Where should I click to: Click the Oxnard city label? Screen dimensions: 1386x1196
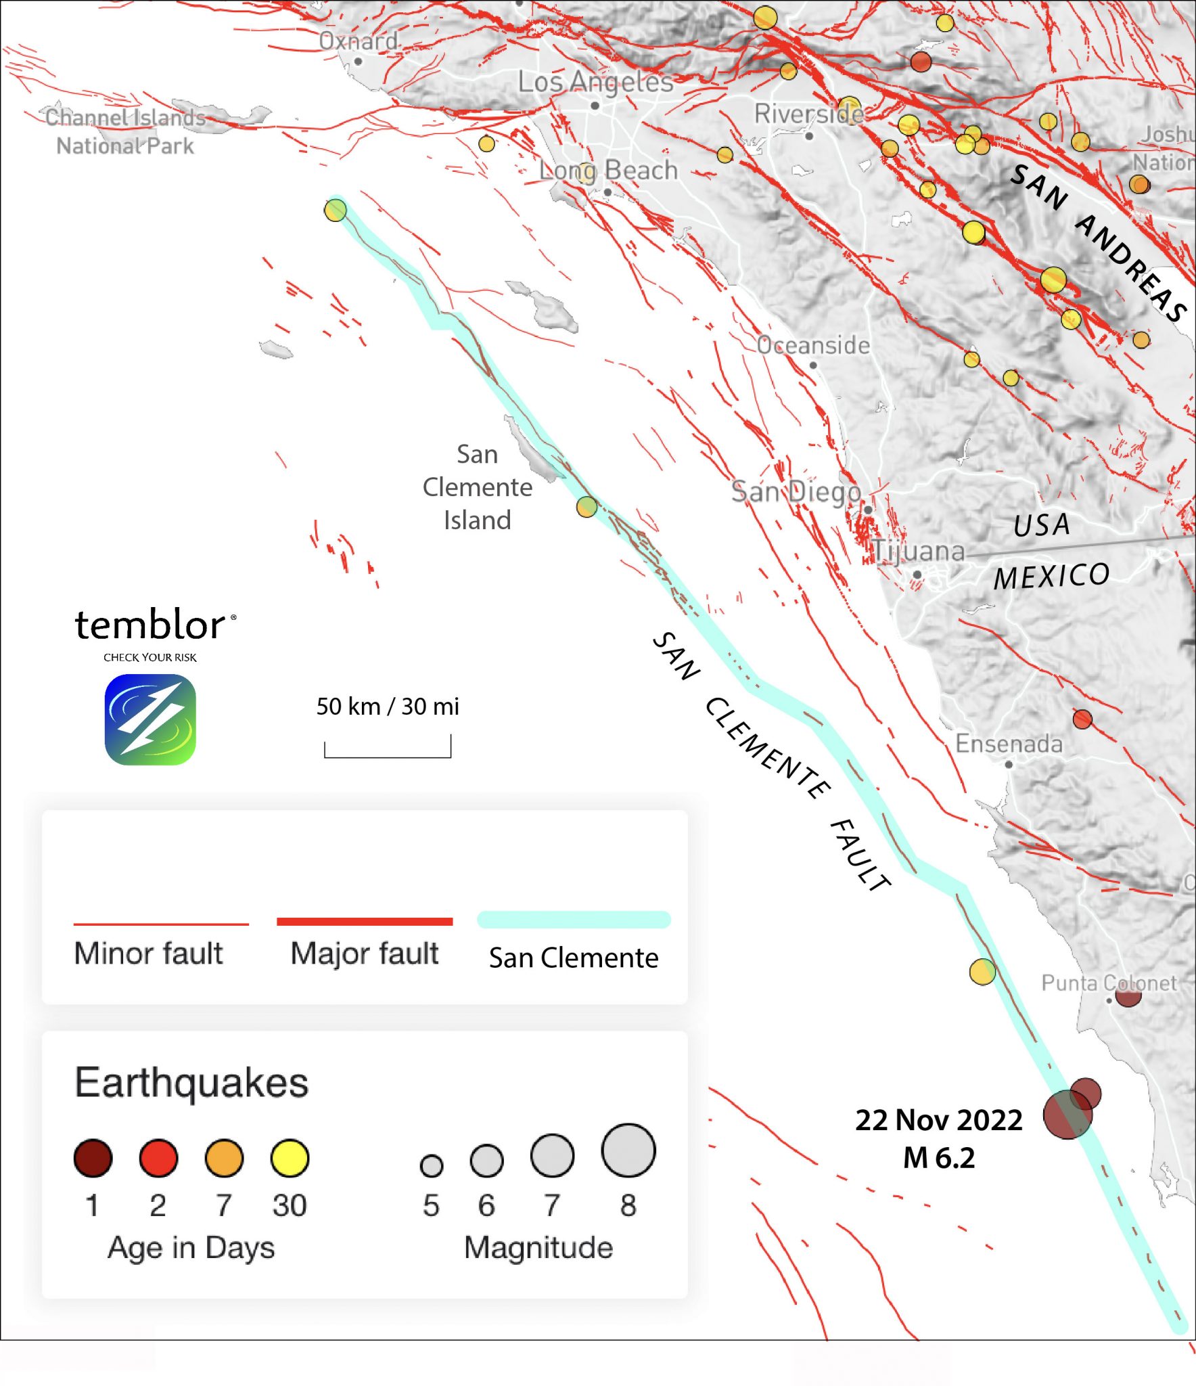pos(358,42)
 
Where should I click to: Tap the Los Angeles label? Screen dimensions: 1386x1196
pos(595,83)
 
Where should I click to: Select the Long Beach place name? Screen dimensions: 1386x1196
pos(608,171)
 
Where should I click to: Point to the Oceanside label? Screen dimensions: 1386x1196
pos(813,346)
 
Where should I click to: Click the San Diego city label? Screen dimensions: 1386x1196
pos(796,492)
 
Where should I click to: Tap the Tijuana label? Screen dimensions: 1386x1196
pos(918,552)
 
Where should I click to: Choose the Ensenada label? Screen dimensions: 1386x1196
pos(1009,744)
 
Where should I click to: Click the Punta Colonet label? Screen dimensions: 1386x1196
pos(1109,983)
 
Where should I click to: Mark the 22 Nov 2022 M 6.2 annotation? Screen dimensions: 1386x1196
pos(938,1139)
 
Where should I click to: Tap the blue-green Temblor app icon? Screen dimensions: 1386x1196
pos(150,719)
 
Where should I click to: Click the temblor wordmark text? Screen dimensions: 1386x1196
pos(150,625)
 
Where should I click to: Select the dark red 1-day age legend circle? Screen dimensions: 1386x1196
pos(93,1158)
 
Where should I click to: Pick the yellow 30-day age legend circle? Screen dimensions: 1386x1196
pos(290,1158)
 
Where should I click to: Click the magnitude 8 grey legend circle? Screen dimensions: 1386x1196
pos(628,1150)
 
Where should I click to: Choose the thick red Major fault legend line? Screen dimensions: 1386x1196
pos(364,921)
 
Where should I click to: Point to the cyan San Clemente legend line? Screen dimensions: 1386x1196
pos(574,920)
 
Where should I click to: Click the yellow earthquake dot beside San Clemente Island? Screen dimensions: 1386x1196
pos(586,507)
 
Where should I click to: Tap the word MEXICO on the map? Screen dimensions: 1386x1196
pos(1051,577)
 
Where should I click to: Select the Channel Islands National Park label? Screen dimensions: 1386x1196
pos(125,132)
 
